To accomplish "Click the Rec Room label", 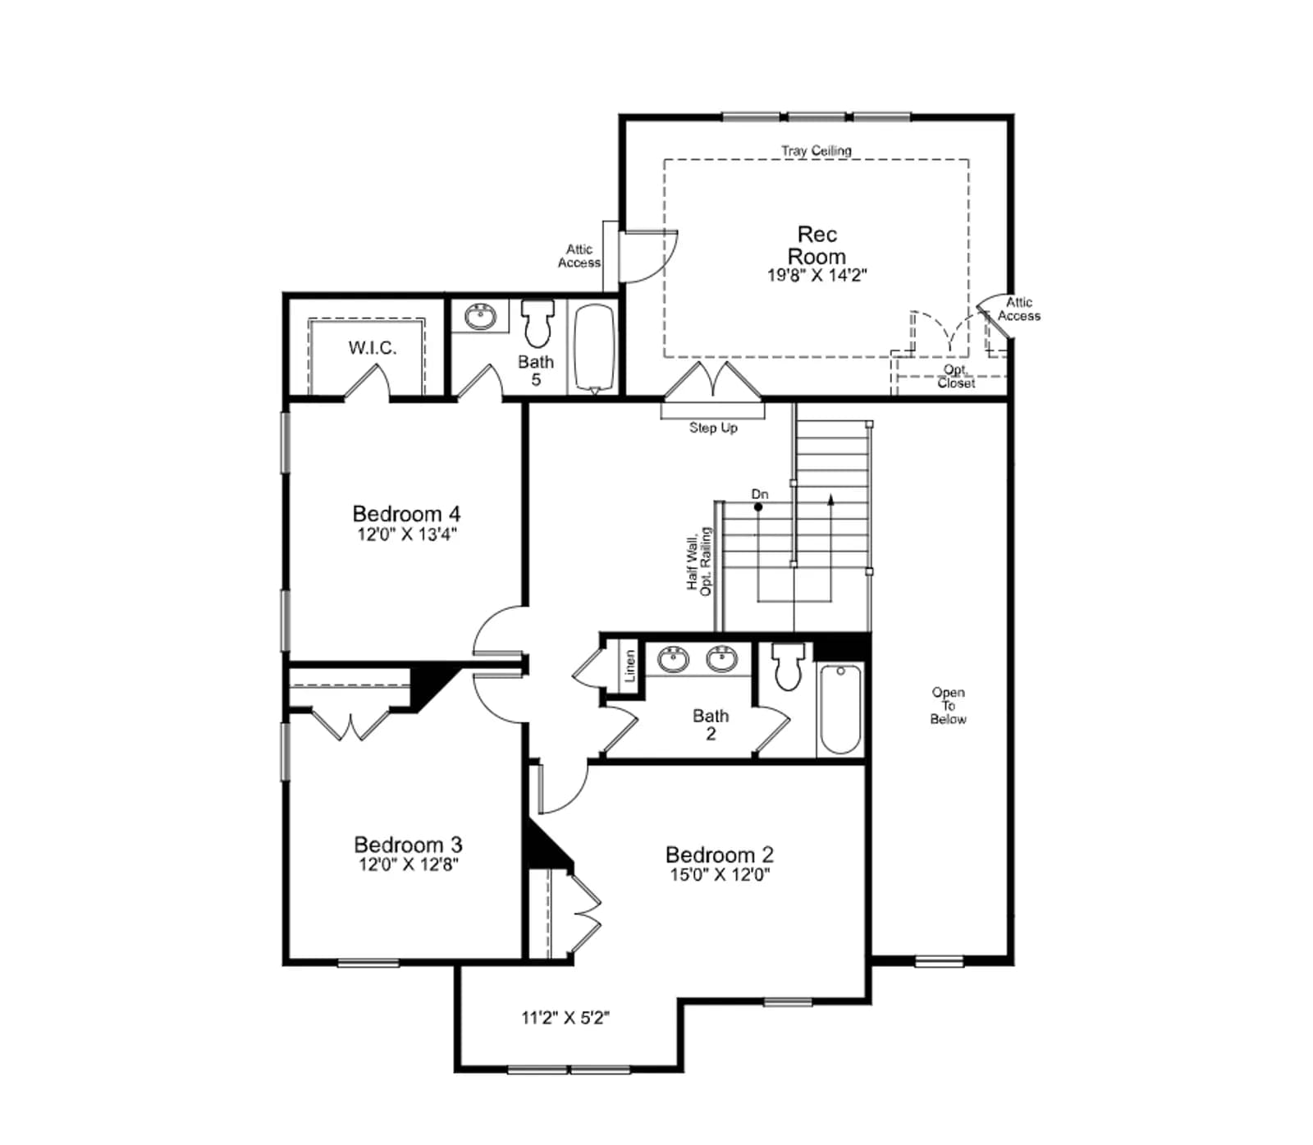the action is click(x=817, y=245).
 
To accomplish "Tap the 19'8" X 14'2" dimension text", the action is click(x=817, y=276).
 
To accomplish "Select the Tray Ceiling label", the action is click(x=816, y=151).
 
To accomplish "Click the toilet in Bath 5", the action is click(x=538, y=323).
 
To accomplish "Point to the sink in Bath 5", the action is click(x=480, y=316).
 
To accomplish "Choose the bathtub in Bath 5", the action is click(x=594, y=348).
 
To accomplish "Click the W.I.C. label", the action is click(x=373, y=348).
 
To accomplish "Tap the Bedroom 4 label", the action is click(x=406, y=514).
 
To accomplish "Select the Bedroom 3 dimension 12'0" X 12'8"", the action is click(x=408, y=864).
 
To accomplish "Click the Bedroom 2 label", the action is click(x=720, y=854).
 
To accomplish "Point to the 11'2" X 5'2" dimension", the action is click(x=565, y=1018).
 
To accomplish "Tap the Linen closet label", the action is click(x=630, y=666).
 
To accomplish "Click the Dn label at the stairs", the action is click(x=760, y=494).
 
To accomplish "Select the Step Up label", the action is click(x=713, y=428).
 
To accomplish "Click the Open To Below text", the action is click(x=948, y=706).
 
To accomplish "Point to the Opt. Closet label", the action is click(x=956, y=377).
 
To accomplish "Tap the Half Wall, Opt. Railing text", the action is click(x=699, y=561).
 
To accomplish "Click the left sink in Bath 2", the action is click(x=674, y=658).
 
